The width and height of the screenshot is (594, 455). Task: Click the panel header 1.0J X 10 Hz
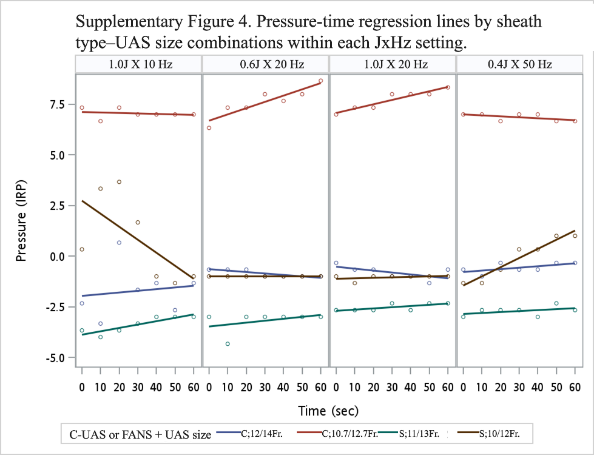pos(141,64)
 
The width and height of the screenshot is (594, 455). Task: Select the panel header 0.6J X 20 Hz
pos(272,64)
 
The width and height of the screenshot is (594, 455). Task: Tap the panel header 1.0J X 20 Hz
pos(396,64)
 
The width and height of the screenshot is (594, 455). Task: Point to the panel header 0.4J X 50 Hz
pos(520,64)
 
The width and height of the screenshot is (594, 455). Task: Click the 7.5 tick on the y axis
pos(55,104)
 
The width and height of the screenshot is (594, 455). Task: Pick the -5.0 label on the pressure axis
pos(55,357)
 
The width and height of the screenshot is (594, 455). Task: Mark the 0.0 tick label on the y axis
pos(55,256)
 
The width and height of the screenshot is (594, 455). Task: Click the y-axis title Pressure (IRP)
pos(21,221)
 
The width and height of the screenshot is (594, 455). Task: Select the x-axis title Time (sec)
pos(328,411)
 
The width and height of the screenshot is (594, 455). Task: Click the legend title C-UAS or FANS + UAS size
pos(140,434)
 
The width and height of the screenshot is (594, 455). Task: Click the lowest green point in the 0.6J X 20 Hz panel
pos(228,344)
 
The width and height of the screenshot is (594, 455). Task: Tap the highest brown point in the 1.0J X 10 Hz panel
pos(119,182)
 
